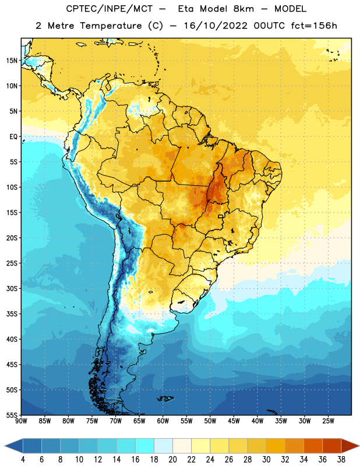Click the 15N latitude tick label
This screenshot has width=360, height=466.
[12, 61]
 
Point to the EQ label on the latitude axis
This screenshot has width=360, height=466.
[13, 137]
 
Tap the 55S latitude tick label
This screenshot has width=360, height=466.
[12, 415]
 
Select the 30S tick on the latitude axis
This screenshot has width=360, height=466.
[12, 288]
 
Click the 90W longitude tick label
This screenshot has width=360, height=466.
[21, 421]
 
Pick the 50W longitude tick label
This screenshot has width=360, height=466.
[210, 421]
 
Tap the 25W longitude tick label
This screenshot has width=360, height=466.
[328, 421]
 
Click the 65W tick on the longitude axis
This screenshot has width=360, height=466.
[139, 421]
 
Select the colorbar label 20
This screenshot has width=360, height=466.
[172, 460]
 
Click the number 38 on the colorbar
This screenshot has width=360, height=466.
[341, 460]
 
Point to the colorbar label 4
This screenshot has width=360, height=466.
[23, 460]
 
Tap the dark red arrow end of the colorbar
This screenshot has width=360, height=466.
[350, 446]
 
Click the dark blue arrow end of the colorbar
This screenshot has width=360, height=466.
[13, 446]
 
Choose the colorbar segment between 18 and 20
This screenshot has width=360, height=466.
[164, 446]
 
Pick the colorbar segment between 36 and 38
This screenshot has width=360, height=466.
[332, 446]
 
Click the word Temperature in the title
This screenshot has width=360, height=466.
[111, 26]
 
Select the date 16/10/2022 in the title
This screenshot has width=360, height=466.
[216, 26]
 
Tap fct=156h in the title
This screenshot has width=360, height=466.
[314, 26]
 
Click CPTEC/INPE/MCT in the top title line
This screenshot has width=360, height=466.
[110, 9]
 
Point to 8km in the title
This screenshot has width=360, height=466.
[243, 9]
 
